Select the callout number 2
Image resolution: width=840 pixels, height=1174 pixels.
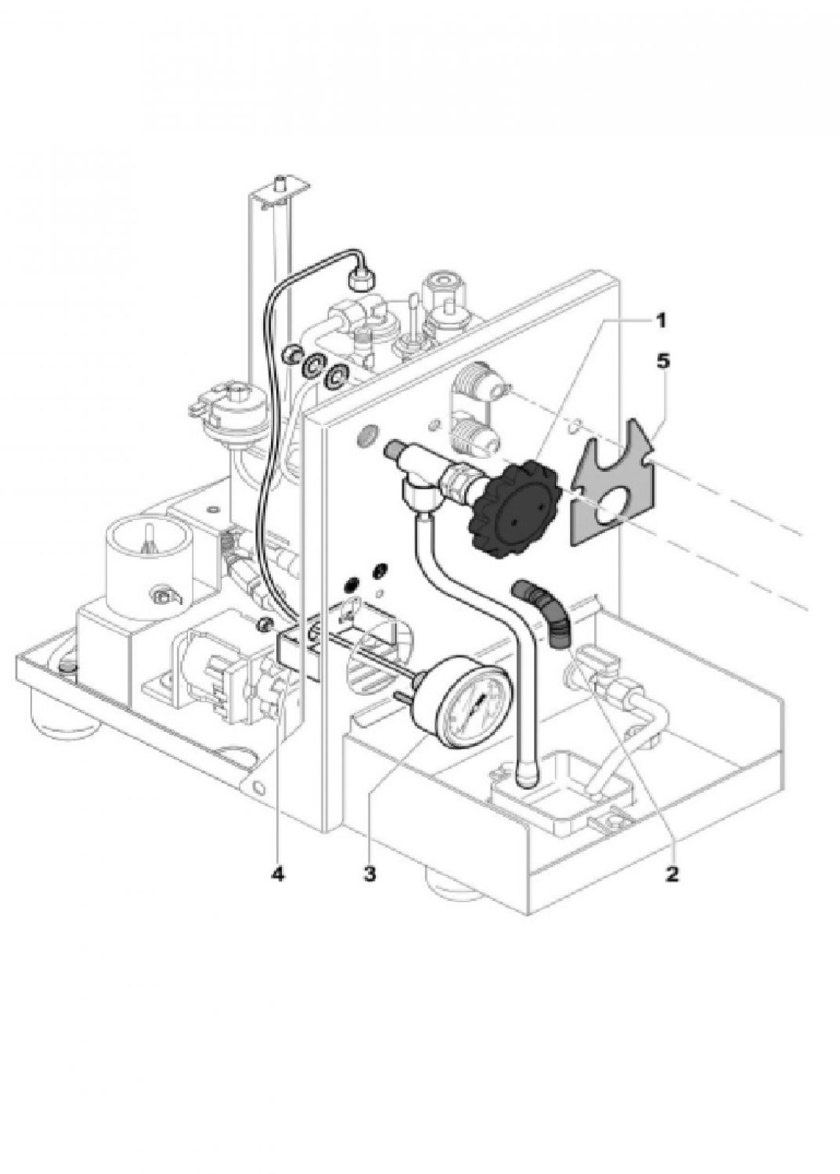(671, 873)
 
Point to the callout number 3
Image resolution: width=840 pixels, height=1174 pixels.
(370, 873)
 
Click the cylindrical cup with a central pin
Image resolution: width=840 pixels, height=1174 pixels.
(147, 561)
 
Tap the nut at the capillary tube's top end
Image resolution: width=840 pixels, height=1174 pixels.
(361, 280)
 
